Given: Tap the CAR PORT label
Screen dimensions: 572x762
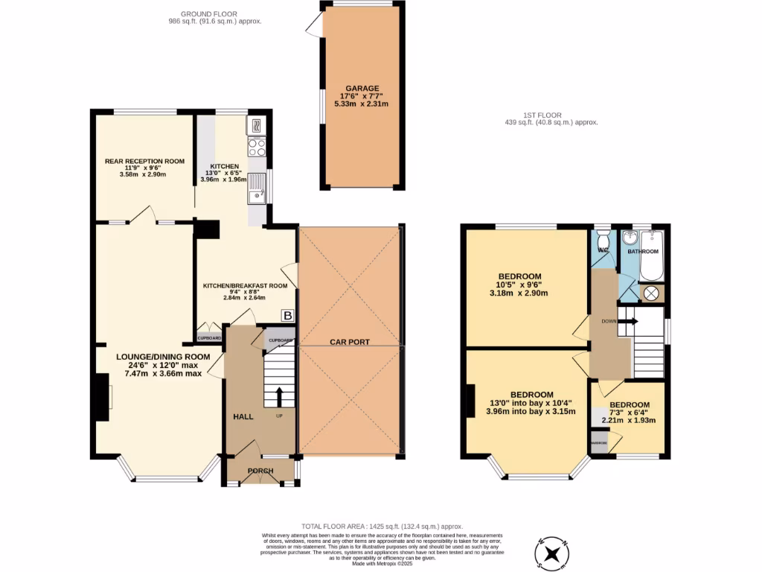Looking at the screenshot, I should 350,343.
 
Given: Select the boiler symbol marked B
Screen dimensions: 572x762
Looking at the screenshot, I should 287,316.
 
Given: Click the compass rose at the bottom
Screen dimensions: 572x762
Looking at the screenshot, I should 552,553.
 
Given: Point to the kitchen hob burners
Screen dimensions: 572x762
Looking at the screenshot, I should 257,145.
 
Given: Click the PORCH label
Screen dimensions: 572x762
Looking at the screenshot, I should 260,471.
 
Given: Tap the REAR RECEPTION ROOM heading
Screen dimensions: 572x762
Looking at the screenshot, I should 144,161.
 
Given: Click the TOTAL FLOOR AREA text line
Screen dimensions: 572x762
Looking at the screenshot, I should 382,526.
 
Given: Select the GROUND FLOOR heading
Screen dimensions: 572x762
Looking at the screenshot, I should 215,14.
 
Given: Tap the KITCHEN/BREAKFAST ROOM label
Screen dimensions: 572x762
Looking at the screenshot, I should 246,285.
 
